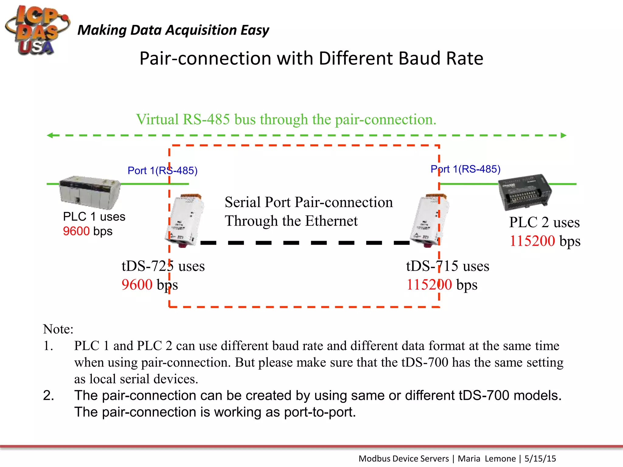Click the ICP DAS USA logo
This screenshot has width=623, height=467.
(x=37, y=30)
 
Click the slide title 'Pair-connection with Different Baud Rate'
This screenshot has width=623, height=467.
(x=311, y=58)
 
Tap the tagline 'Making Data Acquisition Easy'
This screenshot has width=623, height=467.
(x=173, y=30)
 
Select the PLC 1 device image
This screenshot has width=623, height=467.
(x=90, y=192)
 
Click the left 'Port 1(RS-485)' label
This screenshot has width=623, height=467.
(x=162, y=171)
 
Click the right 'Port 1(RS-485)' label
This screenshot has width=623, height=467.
(x=465, y=169)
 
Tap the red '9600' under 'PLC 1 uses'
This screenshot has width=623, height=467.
(x=76, y=231)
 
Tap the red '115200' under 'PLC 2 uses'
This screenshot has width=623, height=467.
(x=532, y=241)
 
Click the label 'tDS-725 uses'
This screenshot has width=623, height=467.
(x=163, y=266)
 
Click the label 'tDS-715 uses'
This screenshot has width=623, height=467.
(x=447, y=266)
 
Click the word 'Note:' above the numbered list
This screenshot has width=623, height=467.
(x=58, y=329)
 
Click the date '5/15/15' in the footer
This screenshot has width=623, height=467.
(x=540, y=458)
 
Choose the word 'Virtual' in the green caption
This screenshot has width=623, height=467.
(x=157, y=119)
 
